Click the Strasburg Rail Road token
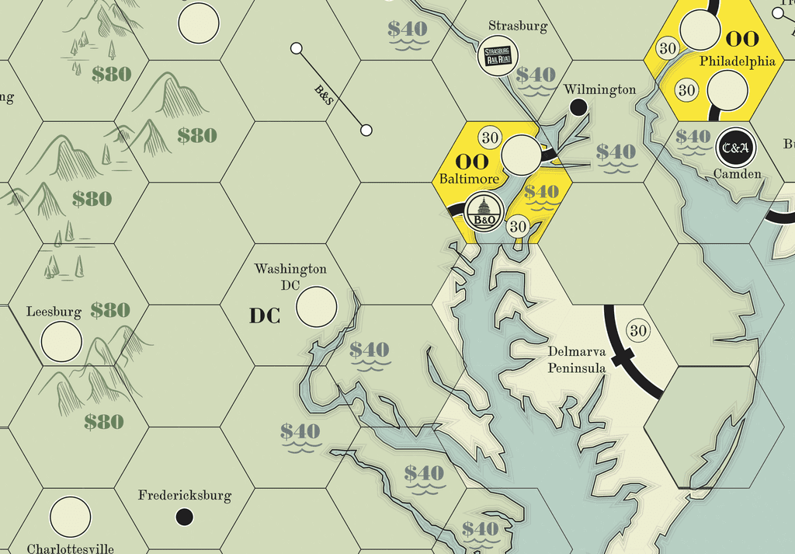point(498,56)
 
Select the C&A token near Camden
point(733,147)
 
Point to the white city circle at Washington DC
point(317,306)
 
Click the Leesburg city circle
point(61,342)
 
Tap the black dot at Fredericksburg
point(184,517)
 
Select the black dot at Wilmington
point(577,108)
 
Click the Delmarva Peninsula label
point(576,360)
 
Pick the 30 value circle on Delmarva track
point(638,331)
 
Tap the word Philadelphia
point(737,61)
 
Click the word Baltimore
point(469,179)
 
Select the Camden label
point(737,174)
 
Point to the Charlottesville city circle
point(70,517)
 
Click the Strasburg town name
point(518,26)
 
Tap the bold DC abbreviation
point(264,316)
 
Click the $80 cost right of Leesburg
point(110,310)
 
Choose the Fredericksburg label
point(185,495)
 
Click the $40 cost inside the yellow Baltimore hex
point(541,191)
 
